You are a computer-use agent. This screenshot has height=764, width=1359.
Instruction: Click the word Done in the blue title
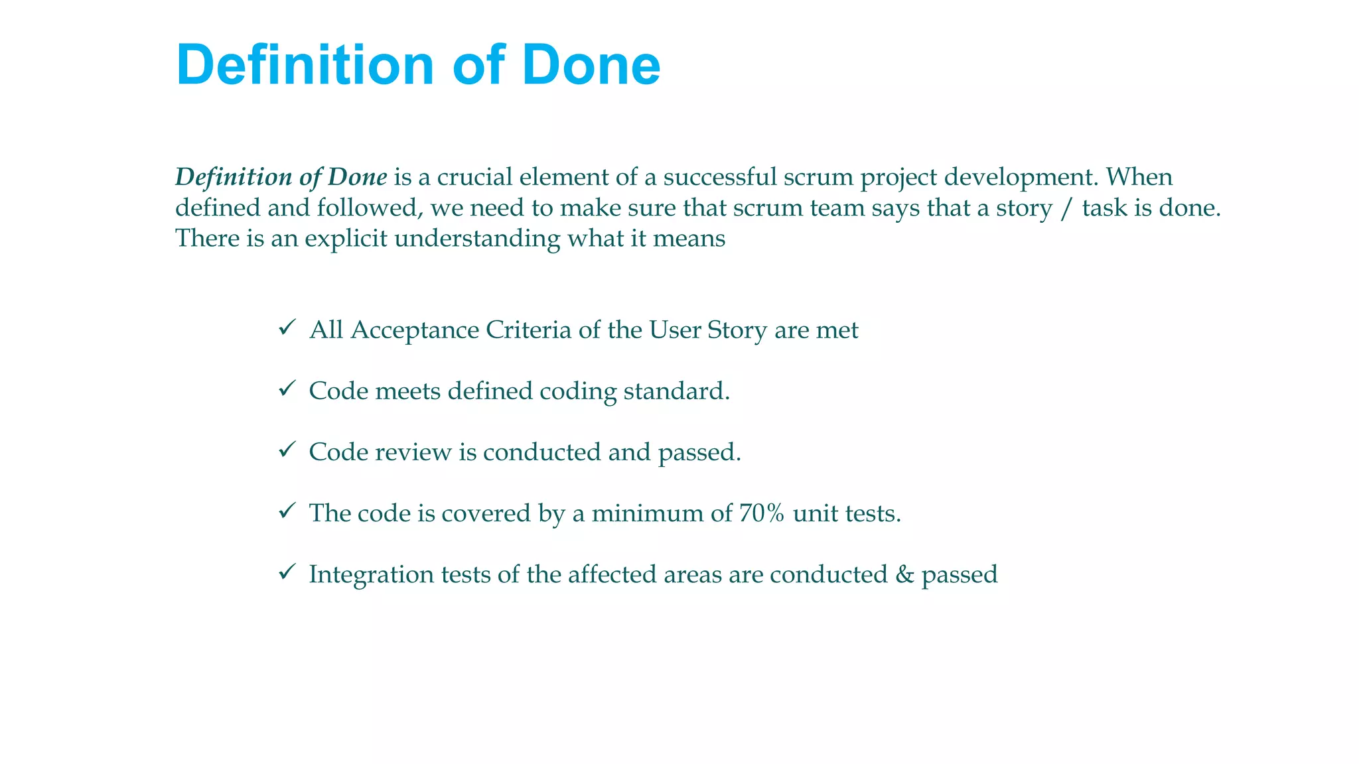(591, 65)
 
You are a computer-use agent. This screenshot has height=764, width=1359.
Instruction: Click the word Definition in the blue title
(305, 65)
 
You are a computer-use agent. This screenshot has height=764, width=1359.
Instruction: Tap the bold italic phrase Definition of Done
(281, 177)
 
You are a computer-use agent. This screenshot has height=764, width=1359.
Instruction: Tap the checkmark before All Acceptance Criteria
(287, 328)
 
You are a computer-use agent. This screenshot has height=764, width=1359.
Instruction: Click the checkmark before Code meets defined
(287, 389)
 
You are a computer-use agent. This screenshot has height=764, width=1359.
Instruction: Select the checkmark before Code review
(287, 450)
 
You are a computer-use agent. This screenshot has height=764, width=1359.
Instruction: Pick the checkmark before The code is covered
(287, 511)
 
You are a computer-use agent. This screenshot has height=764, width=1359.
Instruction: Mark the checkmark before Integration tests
(287, 572)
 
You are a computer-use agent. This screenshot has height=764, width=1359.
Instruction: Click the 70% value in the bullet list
(761, 513)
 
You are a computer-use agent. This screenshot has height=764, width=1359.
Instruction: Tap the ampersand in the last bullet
(904, 574)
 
